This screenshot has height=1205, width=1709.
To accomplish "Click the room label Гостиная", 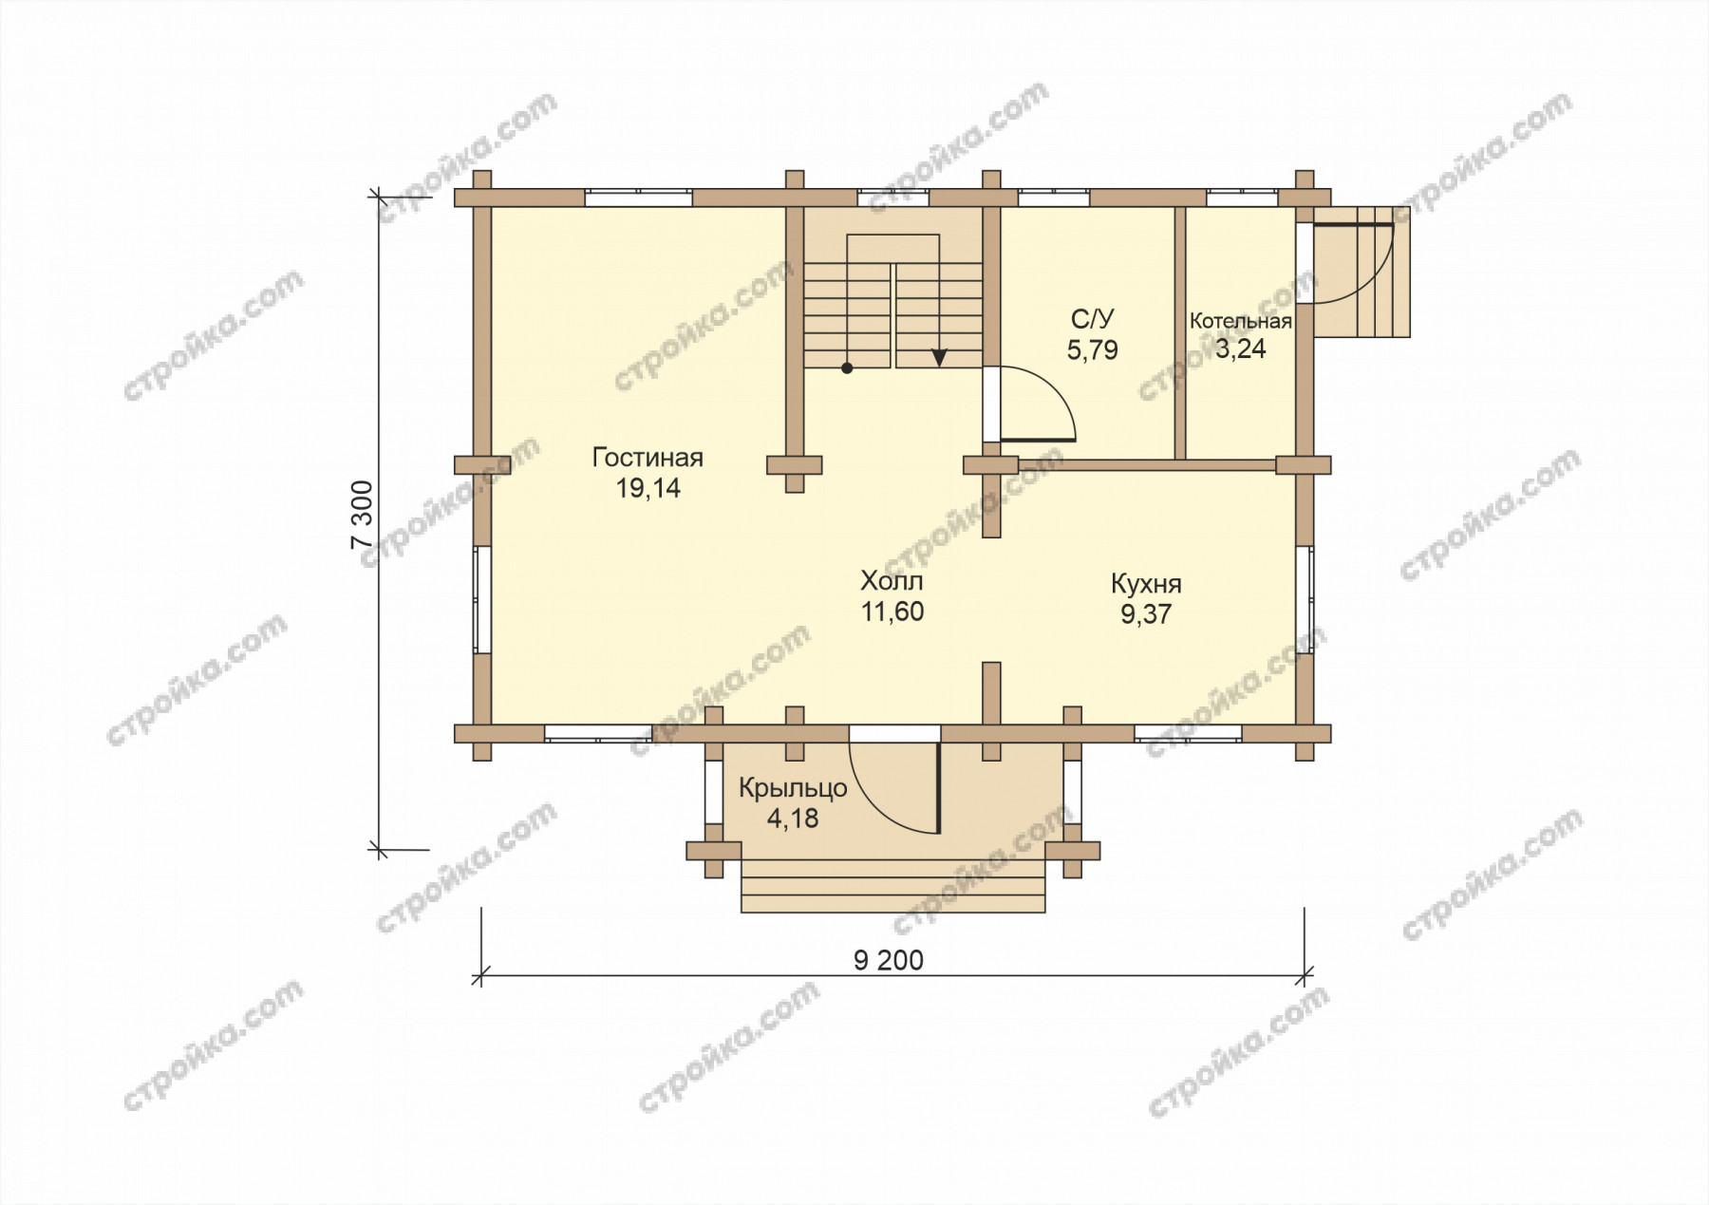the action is coord(648,458).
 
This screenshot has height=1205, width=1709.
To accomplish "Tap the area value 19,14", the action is coord(648,488).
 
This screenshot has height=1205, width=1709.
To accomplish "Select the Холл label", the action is coord(892,580).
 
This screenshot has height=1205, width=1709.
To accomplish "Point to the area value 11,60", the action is coord(892,612).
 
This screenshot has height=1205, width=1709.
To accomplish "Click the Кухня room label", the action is coord(1146,583).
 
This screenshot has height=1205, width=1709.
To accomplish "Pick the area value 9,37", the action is coord(1146,614).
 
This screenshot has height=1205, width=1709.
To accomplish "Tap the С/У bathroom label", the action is coord(1092,318).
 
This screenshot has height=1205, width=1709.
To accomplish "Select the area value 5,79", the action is coord(1092,350).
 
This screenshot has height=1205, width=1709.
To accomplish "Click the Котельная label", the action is coord(1240,321).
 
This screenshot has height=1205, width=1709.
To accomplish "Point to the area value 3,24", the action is coord(1240,348).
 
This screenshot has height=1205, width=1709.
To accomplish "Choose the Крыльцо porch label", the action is coord(793,788).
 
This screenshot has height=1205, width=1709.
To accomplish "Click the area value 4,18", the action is coord(793,818).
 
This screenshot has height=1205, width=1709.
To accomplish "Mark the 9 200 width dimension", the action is coord(889,961).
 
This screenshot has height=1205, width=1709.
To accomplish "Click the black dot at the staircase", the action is coord(847,368).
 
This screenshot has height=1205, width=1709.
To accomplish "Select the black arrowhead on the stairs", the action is coord(939,358).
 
